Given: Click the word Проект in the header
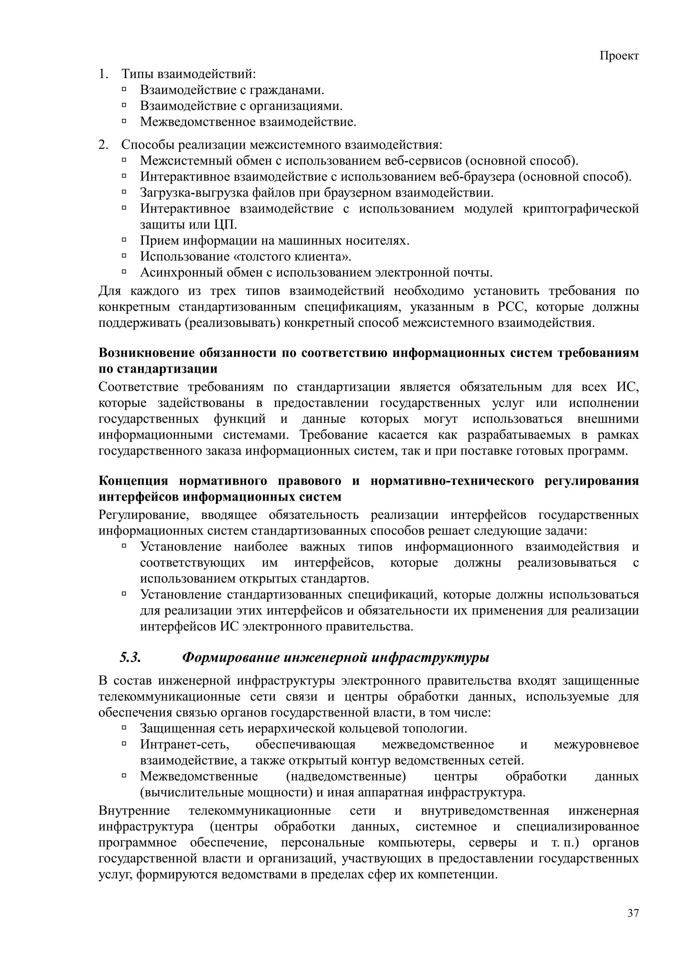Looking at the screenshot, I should pyautogui.click(x=619, y=56).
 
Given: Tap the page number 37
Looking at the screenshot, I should pyautogui.click(x=633, y=914).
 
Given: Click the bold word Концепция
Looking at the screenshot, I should pyautogui.click(x=133, y=481).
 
